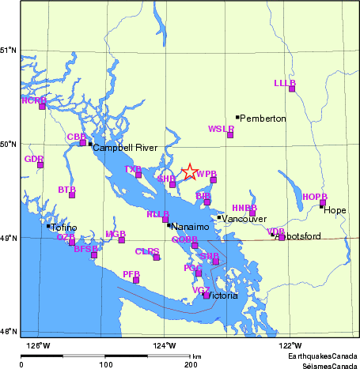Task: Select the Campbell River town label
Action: pos(125,148)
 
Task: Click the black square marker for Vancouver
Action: pos(219,218)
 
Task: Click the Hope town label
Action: pos(335,211)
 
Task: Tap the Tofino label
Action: pos(64,228)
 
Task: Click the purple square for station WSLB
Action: pos(230,135)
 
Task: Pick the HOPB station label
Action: pos(314,196)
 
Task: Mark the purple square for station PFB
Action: pos(136,280)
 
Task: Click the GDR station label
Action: pos(33,159)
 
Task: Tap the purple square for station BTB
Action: pos(72,194)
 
